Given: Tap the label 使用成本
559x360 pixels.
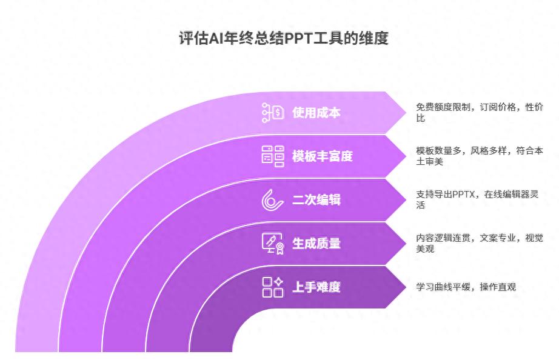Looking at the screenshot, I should [x=316, y=113].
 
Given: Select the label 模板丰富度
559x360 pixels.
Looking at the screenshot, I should [x=322, y=156].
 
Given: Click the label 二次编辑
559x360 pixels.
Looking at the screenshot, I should [x=316, y=199].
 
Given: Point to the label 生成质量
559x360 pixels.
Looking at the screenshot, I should [x=316, y=243].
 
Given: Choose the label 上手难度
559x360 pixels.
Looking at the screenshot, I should [x=316, y=287].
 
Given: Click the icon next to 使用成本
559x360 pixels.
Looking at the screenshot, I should [x=273, y=113].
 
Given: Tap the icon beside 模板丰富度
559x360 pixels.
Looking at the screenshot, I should [x=273, y=156].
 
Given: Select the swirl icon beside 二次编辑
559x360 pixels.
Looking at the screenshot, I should [x=273, y=199].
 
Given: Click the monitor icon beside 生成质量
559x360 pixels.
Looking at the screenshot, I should [x=273, y=243].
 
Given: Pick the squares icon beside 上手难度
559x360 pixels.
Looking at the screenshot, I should [x=273, y=287].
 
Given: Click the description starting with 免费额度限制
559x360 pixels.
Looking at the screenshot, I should [x=479, y=112].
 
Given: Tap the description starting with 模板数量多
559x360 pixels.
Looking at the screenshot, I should [x=479, y=156].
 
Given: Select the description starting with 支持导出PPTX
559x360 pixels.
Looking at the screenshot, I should [x=479, y=199].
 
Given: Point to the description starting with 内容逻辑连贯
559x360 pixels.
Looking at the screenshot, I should [x=479, y=243].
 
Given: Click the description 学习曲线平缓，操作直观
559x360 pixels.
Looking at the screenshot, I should [x=466, y=287].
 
